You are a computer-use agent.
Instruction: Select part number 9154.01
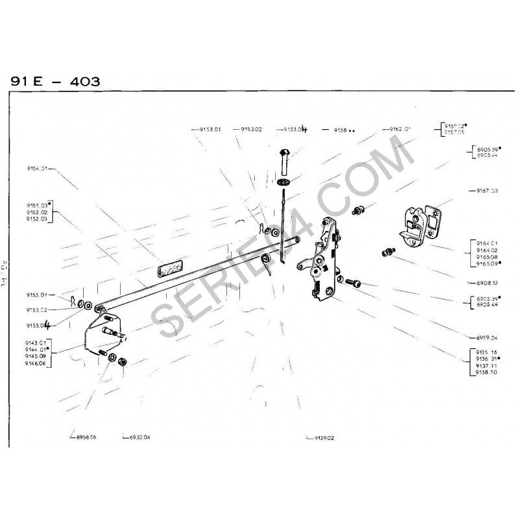click(36, 169)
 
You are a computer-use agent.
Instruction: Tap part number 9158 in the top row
click(342, 130)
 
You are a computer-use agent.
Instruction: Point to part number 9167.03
click(487, 191)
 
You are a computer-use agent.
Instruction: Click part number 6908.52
click(487, 284)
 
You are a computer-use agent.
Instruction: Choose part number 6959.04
click(487, 338)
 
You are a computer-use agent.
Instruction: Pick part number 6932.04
click(138, 437)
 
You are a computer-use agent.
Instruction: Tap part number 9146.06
click(35, 365)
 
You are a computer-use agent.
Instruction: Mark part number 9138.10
click(487, 373)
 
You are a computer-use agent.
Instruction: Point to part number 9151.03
click(36, 204)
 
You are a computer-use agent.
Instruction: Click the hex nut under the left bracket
click(121, 360)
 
